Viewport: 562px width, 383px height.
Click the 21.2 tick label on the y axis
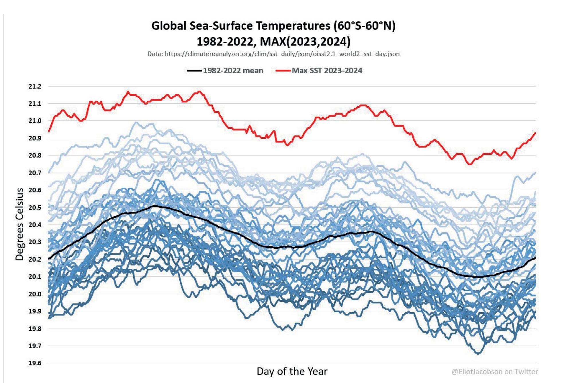coord(35,86)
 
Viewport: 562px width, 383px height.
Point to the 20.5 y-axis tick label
coord(35,207)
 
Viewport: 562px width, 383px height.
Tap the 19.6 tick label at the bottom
coord(35,363)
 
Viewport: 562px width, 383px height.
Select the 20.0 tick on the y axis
coord(35,294)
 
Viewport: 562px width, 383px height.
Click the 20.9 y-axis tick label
coord(35,138)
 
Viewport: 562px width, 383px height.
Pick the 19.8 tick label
coord(35,329)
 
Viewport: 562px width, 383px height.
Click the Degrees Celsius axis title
coord(19,224)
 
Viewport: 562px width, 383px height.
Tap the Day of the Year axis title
coord(292,371)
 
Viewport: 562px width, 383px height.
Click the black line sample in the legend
coord(194,70)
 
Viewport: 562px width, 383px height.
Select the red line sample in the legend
coord(283,70)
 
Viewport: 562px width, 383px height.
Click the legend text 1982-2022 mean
coord(233,70)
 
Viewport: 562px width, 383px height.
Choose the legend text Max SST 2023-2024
coord(327,70)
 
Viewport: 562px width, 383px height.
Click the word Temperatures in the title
coord(293,26)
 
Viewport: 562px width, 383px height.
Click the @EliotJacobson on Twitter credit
coord(495,372)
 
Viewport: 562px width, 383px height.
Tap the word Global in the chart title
coord(169,26)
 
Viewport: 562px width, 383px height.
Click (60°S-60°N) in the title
coord(364,26)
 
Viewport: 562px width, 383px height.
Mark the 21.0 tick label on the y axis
coord(35,121)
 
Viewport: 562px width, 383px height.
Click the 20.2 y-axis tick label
coord(35,259)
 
